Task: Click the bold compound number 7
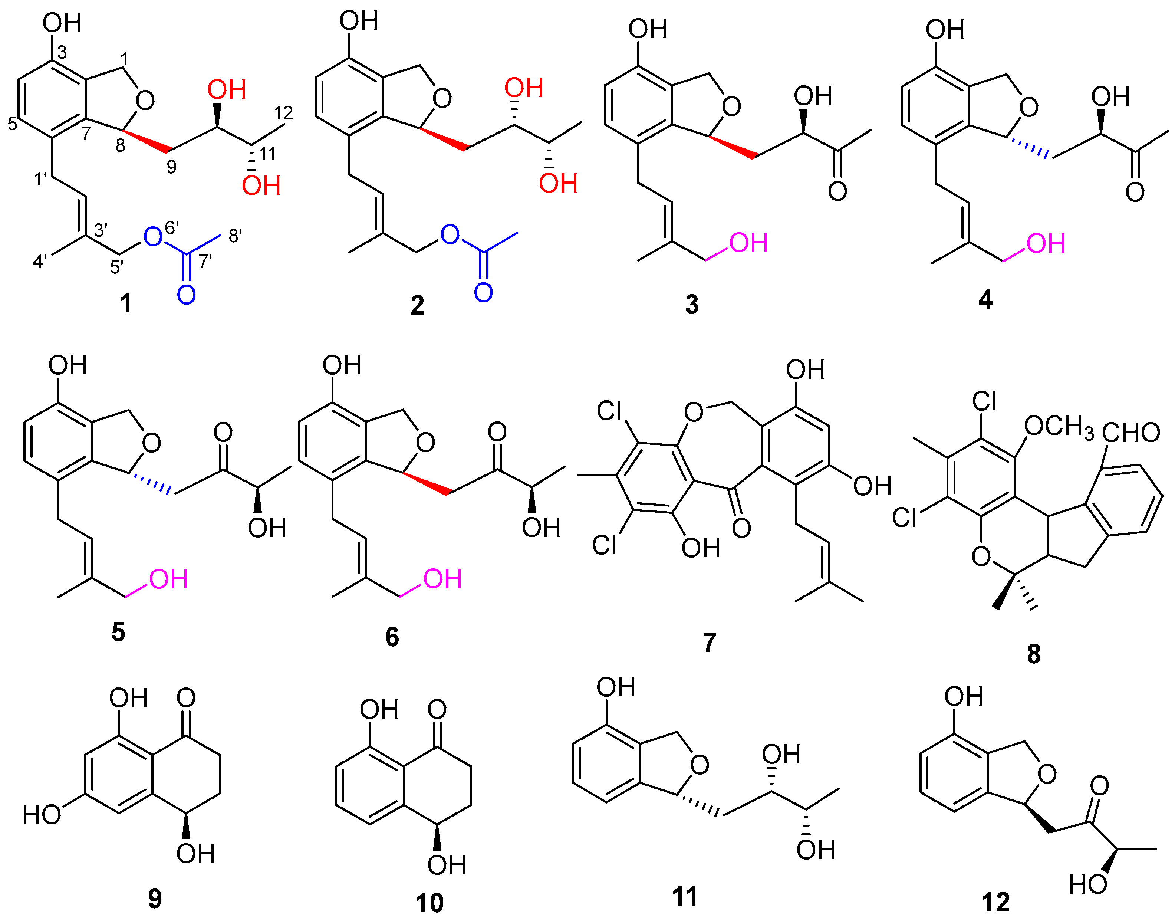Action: pos(709,643)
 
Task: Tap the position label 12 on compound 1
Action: pos(284,112)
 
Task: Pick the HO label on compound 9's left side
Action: pos(42,814)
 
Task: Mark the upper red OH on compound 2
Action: pos(523,88)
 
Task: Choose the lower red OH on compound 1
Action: pos(261,186)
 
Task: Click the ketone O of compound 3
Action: pos(837,191)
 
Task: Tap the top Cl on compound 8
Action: pos(984,401)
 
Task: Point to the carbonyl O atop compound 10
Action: pos(437,709)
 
